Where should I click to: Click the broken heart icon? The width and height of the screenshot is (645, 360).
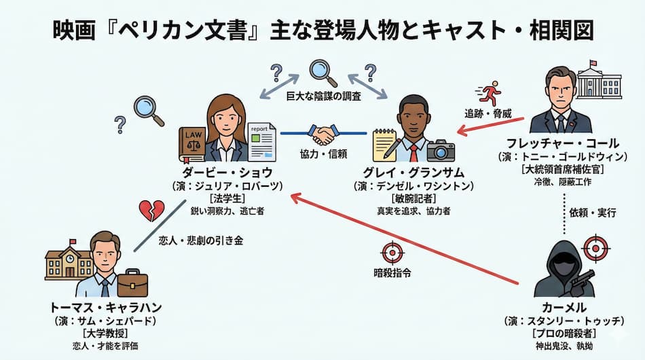pos(151,210)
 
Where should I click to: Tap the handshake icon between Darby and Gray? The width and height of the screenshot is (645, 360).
pos(323,133)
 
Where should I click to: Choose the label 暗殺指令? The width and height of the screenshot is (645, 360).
pos(392,273)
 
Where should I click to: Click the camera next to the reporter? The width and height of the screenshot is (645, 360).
pos(441,150)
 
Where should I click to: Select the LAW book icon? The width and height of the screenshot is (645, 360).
pos(192,143)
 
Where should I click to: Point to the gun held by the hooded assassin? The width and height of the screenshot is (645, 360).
pos(584,278)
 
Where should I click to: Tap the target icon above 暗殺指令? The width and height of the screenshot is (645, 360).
pos(392,251)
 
